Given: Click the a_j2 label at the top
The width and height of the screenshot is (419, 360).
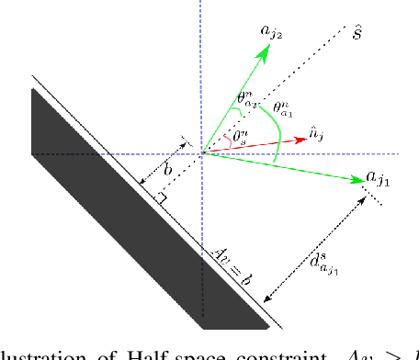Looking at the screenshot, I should click(272, 34).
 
